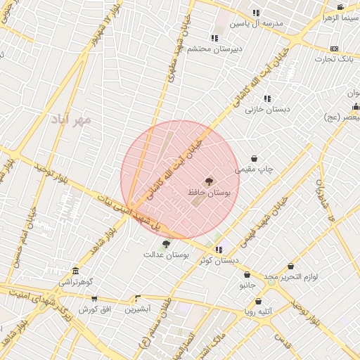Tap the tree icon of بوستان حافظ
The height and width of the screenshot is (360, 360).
point(209,181)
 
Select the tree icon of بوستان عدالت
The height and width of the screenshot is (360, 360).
point(166,245)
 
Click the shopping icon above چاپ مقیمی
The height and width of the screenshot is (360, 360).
point(254,159)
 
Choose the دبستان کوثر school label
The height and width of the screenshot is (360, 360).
point(219,259)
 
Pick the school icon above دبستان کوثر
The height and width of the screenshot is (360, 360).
point(219,250)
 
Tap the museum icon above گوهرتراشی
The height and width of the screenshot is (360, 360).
point(76,271)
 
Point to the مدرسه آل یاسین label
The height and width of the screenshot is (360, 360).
point(259,23)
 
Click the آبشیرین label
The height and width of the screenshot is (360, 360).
point(138,309)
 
